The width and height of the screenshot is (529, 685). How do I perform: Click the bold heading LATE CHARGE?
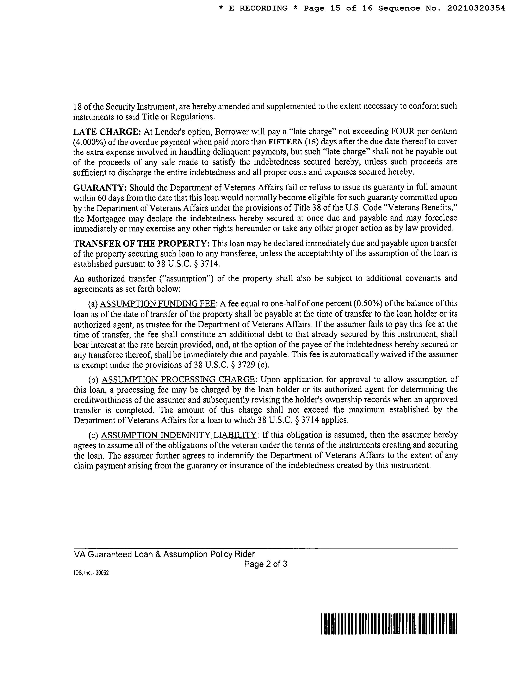pyautogui.click(x=107, y=131)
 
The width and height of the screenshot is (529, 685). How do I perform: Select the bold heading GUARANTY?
pyautogui.click(x=100, y=188)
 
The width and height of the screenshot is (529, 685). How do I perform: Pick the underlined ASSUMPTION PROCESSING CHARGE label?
pyautogui.click(x=178, y=380)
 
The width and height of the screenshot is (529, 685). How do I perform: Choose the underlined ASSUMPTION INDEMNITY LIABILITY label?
pyautogui.click(x=179, y=435)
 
